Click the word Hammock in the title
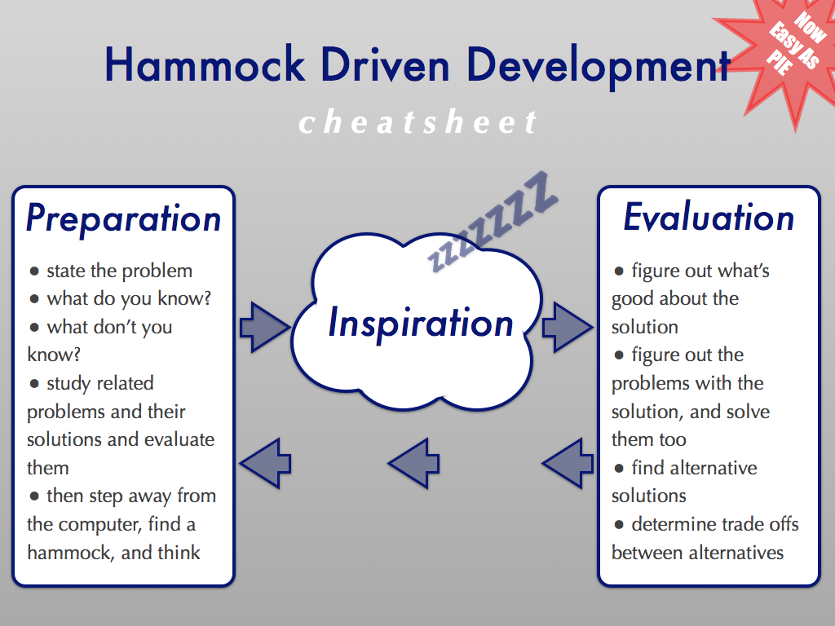pos(205,64)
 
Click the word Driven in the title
pos(386,64)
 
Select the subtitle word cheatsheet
pos(417,121)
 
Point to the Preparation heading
pos(124,218)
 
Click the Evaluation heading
pos(709,217)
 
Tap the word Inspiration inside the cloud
pos(421,323)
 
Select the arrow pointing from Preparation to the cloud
pos(265,328)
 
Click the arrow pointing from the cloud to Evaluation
pos(568,327)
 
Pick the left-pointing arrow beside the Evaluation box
pos(568,463)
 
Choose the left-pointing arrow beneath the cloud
pos(413,463)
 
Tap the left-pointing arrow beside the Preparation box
pos(265,463)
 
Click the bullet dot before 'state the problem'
pos(34,271)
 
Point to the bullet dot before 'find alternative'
pos(619,469)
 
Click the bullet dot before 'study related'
pos(34,384)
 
